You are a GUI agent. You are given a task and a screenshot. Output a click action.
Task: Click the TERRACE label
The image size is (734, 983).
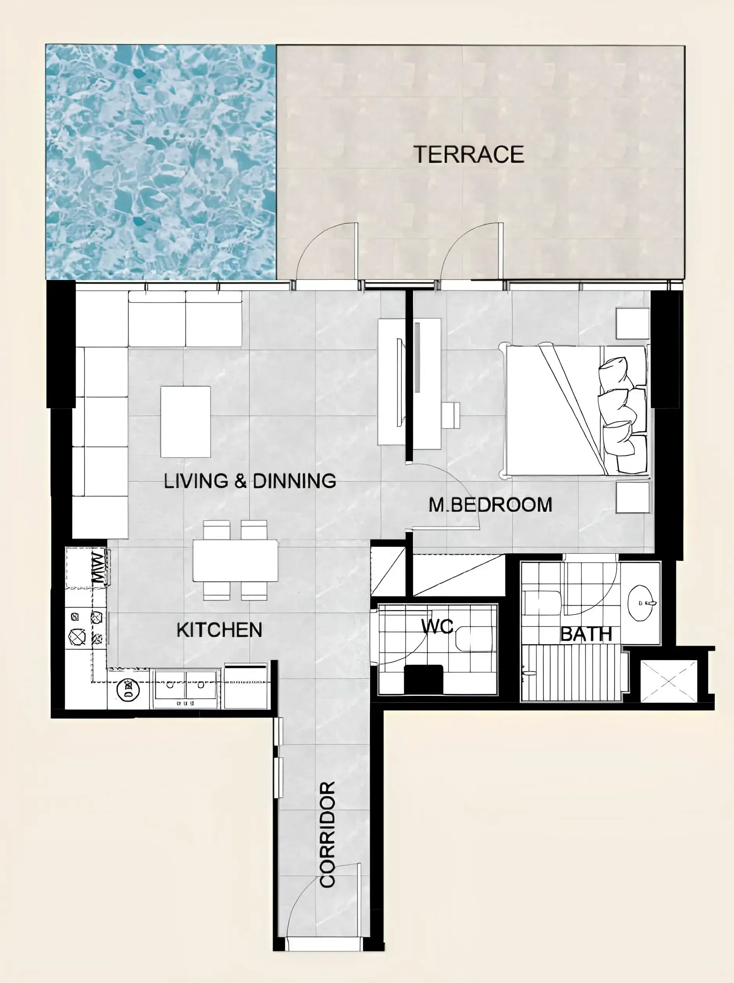pos(469,154)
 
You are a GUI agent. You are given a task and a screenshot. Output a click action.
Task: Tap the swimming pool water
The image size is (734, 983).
pos(161,162)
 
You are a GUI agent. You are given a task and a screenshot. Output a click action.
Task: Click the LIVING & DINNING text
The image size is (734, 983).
pos(250,481)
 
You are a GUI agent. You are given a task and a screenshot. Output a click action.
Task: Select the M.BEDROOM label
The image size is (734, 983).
pos(490,505)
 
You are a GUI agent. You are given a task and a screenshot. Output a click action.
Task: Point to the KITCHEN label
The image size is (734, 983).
pos(219,630)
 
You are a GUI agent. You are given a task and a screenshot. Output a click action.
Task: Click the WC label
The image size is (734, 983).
pos(438,626)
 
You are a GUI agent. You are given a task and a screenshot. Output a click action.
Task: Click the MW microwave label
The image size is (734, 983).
pos(99,568)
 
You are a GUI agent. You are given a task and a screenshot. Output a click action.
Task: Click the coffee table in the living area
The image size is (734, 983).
pos(185,422)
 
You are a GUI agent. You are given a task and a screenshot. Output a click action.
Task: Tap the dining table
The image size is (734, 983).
pos(235,560)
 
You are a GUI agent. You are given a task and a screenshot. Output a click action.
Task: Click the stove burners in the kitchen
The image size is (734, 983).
pos(86,629)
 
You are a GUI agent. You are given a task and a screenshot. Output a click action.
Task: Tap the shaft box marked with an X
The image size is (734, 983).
pos(669,681)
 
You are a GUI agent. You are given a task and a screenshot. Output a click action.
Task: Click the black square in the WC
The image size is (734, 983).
pos(423,679)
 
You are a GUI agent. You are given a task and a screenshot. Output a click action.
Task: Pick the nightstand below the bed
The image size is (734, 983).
pos(633,498)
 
